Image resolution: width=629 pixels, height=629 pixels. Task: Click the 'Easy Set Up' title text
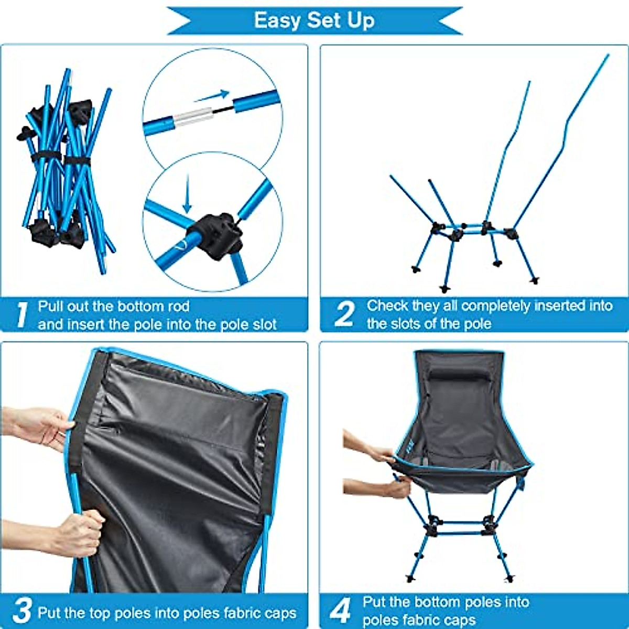[314, 20]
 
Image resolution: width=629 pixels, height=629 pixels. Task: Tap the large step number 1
[21, 314]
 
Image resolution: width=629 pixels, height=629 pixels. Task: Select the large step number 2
[344, 314]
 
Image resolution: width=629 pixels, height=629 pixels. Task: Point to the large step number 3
[23, 611]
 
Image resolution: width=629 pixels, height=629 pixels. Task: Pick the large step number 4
[341, 611]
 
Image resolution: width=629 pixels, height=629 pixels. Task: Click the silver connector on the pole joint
[193, 117]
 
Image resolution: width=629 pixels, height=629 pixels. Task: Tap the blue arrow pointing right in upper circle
[212, 96]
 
